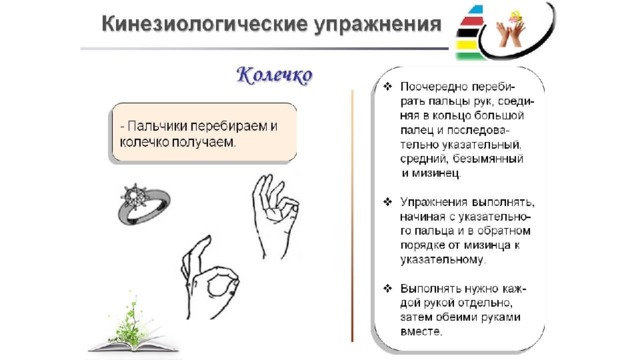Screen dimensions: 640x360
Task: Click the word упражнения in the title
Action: click(x=378, y=25)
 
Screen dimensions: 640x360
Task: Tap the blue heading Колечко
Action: click(x=275, y=76)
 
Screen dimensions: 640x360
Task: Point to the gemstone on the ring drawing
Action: click(x=133, y=196)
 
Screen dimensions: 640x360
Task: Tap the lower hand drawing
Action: click(x=209, y=278)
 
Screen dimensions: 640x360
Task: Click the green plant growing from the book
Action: click(x=132, y=322)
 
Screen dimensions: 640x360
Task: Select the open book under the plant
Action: click(x=133, y=346)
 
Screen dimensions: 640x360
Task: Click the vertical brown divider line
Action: click(x=352, y=216)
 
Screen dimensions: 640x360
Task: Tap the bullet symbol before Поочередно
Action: click(x=388, y=87)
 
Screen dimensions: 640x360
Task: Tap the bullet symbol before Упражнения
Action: click(x=388, y=202)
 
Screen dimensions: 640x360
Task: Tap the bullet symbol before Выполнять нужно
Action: click(x=388, y=289)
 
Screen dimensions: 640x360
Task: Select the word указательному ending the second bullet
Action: click(x=442, y=260)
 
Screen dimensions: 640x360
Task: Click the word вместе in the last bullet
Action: click(x=421, y=331)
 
